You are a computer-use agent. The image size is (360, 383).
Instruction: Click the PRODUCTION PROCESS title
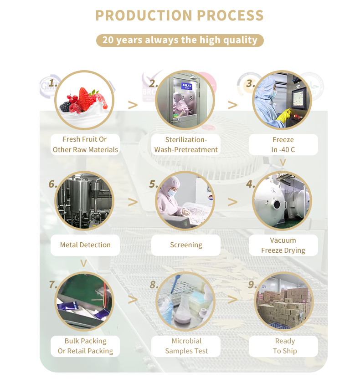180,15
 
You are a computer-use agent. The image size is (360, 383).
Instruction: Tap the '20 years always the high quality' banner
180,40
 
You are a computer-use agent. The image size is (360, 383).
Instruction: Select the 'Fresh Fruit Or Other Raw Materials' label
85,144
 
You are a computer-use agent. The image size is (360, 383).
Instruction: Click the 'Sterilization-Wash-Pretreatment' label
186,144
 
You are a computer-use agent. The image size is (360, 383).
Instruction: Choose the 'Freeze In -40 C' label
283,144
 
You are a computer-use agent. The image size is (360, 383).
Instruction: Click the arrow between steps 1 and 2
133,105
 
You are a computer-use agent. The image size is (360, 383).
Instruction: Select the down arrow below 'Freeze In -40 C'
283,162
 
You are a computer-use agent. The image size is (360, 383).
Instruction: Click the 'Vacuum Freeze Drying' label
283,245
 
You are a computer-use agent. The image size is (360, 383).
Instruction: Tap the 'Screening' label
186,245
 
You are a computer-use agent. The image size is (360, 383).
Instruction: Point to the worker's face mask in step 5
172,193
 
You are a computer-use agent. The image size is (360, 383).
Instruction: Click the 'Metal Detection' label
85,245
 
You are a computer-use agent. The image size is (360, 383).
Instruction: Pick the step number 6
53,184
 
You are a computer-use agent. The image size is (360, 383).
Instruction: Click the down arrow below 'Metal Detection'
83,263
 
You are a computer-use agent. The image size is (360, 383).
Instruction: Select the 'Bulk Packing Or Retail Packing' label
85,346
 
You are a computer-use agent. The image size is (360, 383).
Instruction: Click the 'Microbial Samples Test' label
186,346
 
